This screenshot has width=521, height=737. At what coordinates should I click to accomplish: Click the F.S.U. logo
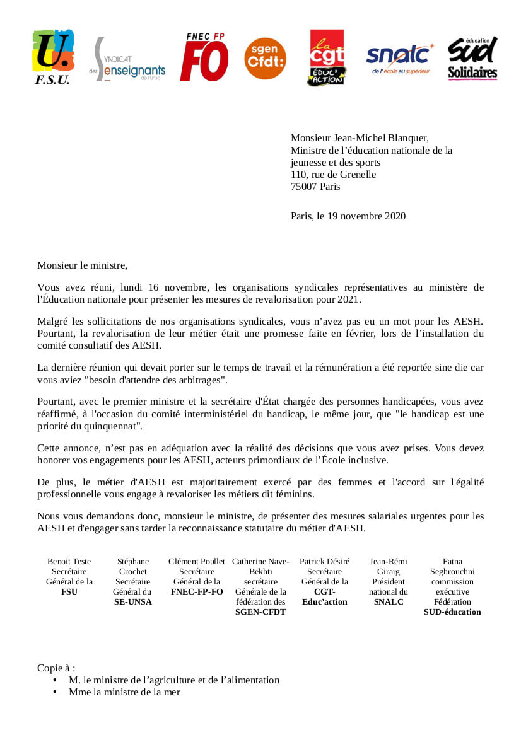(52, 57)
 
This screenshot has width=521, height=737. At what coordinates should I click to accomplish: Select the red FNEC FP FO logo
(205, 57)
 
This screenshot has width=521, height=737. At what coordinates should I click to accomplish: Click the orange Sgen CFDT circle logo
(265, 59)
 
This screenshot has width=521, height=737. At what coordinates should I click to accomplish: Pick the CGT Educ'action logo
(327, 57)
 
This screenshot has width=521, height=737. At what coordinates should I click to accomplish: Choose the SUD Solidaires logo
(472, 58)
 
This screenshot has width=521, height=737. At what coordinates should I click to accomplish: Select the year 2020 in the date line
(394, 216)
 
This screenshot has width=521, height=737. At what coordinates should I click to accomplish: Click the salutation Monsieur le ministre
(82, 265)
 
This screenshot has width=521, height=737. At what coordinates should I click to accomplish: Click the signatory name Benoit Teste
(69, 562)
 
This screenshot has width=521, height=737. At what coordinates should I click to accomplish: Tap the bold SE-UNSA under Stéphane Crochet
(132, 602)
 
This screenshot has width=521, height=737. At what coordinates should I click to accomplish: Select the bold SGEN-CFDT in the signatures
(260, 612)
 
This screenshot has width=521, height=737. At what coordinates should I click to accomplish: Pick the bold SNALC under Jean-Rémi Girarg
(389, 602)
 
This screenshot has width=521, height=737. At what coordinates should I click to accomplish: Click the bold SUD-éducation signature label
(452, 612)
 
